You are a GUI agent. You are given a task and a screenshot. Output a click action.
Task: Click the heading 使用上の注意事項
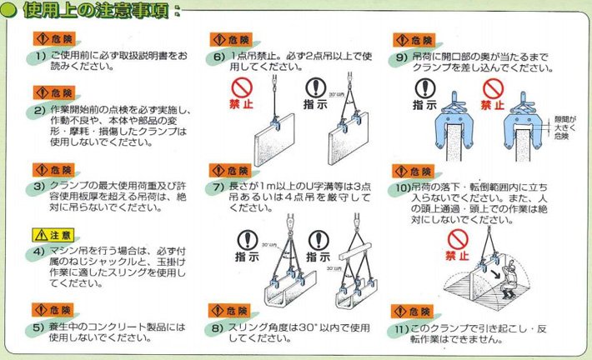[x=101, y=12]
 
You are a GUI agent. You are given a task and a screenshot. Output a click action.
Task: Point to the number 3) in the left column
[x=39, y=186]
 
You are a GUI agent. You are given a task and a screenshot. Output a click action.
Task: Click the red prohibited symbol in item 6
[x=242, y=88]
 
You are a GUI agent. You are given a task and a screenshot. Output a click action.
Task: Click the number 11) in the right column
[x=404, y=328]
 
